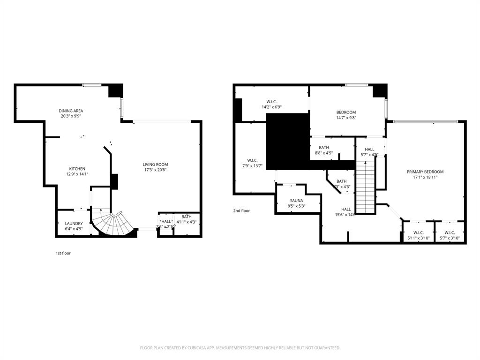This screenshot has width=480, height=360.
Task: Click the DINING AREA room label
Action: click(x=71, y=111)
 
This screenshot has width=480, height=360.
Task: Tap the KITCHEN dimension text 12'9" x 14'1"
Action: click(x=77, y=174)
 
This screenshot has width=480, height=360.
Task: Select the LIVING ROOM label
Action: click(x=155, y=165)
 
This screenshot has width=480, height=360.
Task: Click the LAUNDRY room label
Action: click(x=74, y=224)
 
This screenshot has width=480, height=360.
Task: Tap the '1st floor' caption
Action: click(x=63, y=253)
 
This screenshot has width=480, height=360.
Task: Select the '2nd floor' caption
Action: click(x=241, y=211)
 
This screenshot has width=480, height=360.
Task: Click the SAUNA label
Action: click(x=296, y=201)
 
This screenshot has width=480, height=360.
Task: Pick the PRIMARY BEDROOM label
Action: click(x=425, y=172)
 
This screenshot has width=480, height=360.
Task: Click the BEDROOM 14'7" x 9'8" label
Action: click(x=346, y=112)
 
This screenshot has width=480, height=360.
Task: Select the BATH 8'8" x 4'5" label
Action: click(x=323, y=148)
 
